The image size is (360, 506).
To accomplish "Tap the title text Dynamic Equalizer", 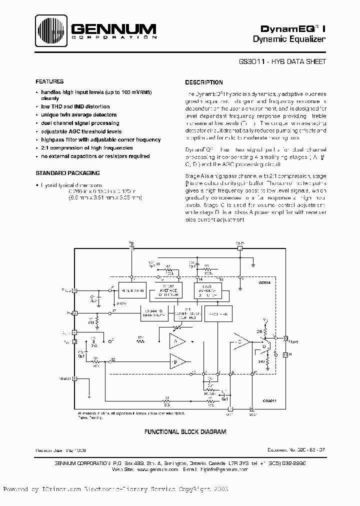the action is coord(289,38).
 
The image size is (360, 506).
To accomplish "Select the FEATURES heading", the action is coord(49,81).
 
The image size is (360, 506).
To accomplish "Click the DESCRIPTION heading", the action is coord(204,82).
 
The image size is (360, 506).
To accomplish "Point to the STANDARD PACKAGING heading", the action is coord(67,173).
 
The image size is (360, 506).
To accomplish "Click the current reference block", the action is coord(154,313).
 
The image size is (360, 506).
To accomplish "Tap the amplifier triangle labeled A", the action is coord(176,342).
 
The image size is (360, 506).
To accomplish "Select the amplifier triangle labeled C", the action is coord(241,342).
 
